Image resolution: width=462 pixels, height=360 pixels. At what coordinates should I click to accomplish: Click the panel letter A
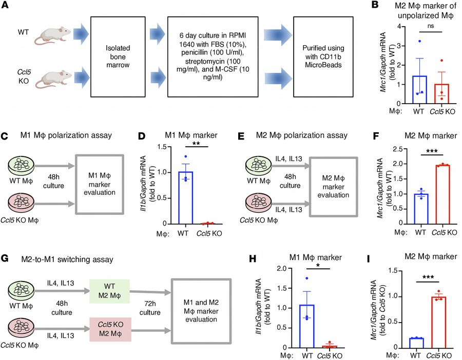pyautogui.click(x=6, y=6)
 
